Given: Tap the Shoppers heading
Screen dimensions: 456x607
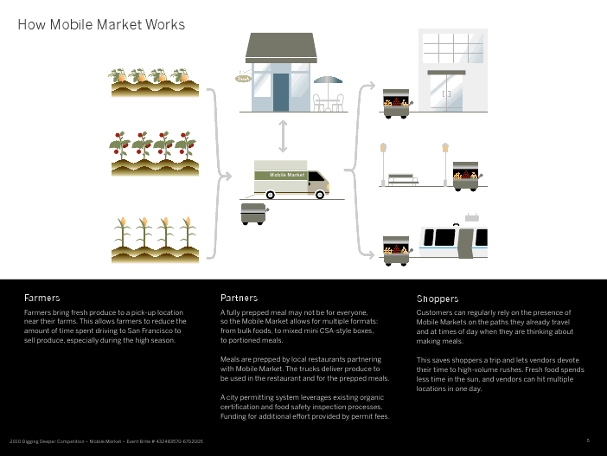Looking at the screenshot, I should (438, 299).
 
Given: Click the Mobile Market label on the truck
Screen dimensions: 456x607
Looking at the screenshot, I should (288, 175).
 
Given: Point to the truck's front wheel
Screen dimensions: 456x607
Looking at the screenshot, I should (320, 194).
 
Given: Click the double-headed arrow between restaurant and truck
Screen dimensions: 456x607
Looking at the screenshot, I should (283, 137).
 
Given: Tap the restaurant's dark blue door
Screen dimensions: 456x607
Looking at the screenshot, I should (281, 92).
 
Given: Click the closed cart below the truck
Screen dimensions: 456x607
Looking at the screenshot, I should (254, 213).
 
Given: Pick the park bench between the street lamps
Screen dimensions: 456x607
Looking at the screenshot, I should (402, 179).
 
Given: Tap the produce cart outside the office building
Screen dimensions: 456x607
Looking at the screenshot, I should (397, 102).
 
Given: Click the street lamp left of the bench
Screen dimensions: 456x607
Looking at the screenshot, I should (383, 160).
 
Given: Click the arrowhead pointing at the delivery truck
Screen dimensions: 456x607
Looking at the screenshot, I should (230, 176).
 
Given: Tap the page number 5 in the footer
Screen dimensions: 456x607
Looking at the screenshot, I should (588, 440).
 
